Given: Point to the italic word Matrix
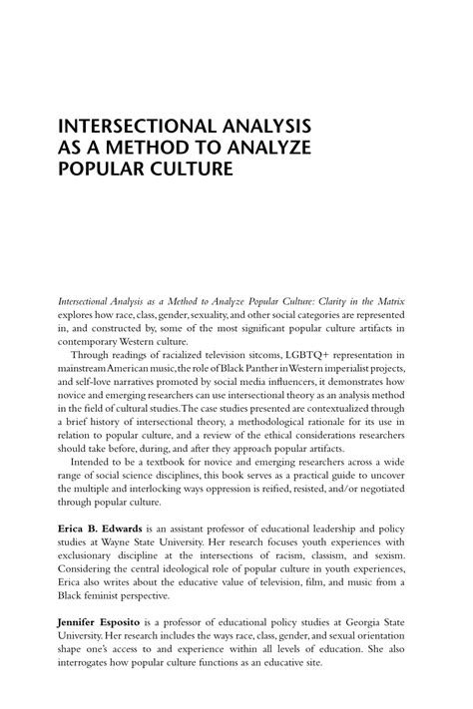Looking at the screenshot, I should [x=394, y=300].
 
